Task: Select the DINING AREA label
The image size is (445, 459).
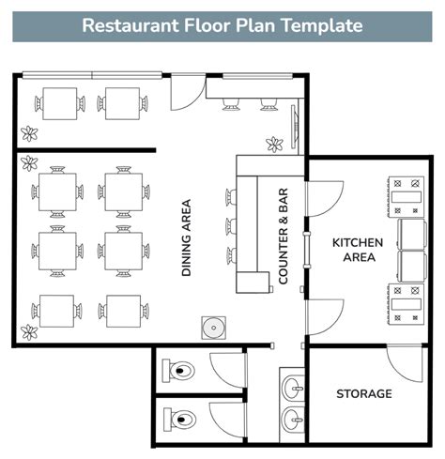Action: coord(187,237)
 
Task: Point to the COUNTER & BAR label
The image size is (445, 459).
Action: coord(283,237)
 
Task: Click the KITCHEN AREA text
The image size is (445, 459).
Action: coord(358,250)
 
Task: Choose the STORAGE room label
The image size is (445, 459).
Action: coord(364,393)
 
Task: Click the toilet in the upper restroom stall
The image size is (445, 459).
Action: coord(180,370)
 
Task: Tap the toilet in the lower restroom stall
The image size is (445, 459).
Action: coord(180,419)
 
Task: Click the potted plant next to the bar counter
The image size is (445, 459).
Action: coord(274,144)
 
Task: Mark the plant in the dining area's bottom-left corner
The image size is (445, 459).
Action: coord(30,330)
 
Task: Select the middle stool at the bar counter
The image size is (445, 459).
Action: coord(229,226)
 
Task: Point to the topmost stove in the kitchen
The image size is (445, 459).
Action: coord(408,192)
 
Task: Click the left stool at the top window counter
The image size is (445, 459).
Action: coord(230,103)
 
